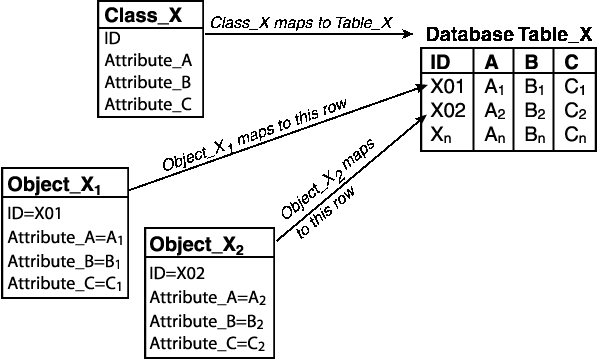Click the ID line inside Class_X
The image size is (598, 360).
(112, 39)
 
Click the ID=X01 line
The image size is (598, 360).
(34, 213)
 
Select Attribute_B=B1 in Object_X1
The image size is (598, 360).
(65, 261)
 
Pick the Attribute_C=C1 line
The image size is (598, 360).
(65, 284)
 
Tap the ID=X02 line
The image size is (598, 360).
(177, 273)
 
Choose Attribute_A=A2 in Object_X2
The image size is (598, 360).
(208, 298)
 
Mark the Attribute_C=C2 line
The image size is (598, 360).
(208, 345)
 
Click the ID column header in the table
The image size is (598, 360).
(440, 62)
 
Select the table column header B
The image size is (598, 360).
(531, 62)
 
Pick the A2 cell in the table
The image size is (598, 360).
(494, 111)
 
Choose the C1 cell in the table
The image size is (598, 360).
(574, 87)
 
